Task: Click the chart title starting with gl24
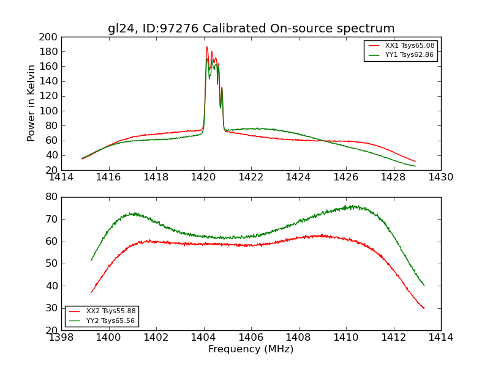click(x=251, y=29)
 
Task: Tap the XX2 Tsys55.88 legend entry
click(x=111, y=311)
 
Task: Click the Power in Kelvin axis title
click(x=31, y=103)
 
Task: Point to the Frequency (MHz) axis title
click(x=251, y=349)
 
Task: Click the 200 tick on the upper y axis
click(x=49, y=37)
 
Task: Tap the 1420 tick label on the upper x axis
click(x=204, y=177)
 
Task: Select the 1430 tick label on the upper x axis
click(x=441, y=177)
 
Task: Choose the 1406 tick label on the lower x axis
click(x=251, y=337)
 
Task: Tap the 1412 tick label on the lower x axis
click(x=393, y=337)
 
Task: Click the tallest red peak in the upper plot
click(x=207, y=47)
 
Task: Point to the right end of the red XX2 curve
click(x=424, y=308)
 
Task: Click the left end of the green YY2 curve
click(x=91, y=261)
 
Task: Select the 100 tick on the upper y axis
click(x=49, y=111)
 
